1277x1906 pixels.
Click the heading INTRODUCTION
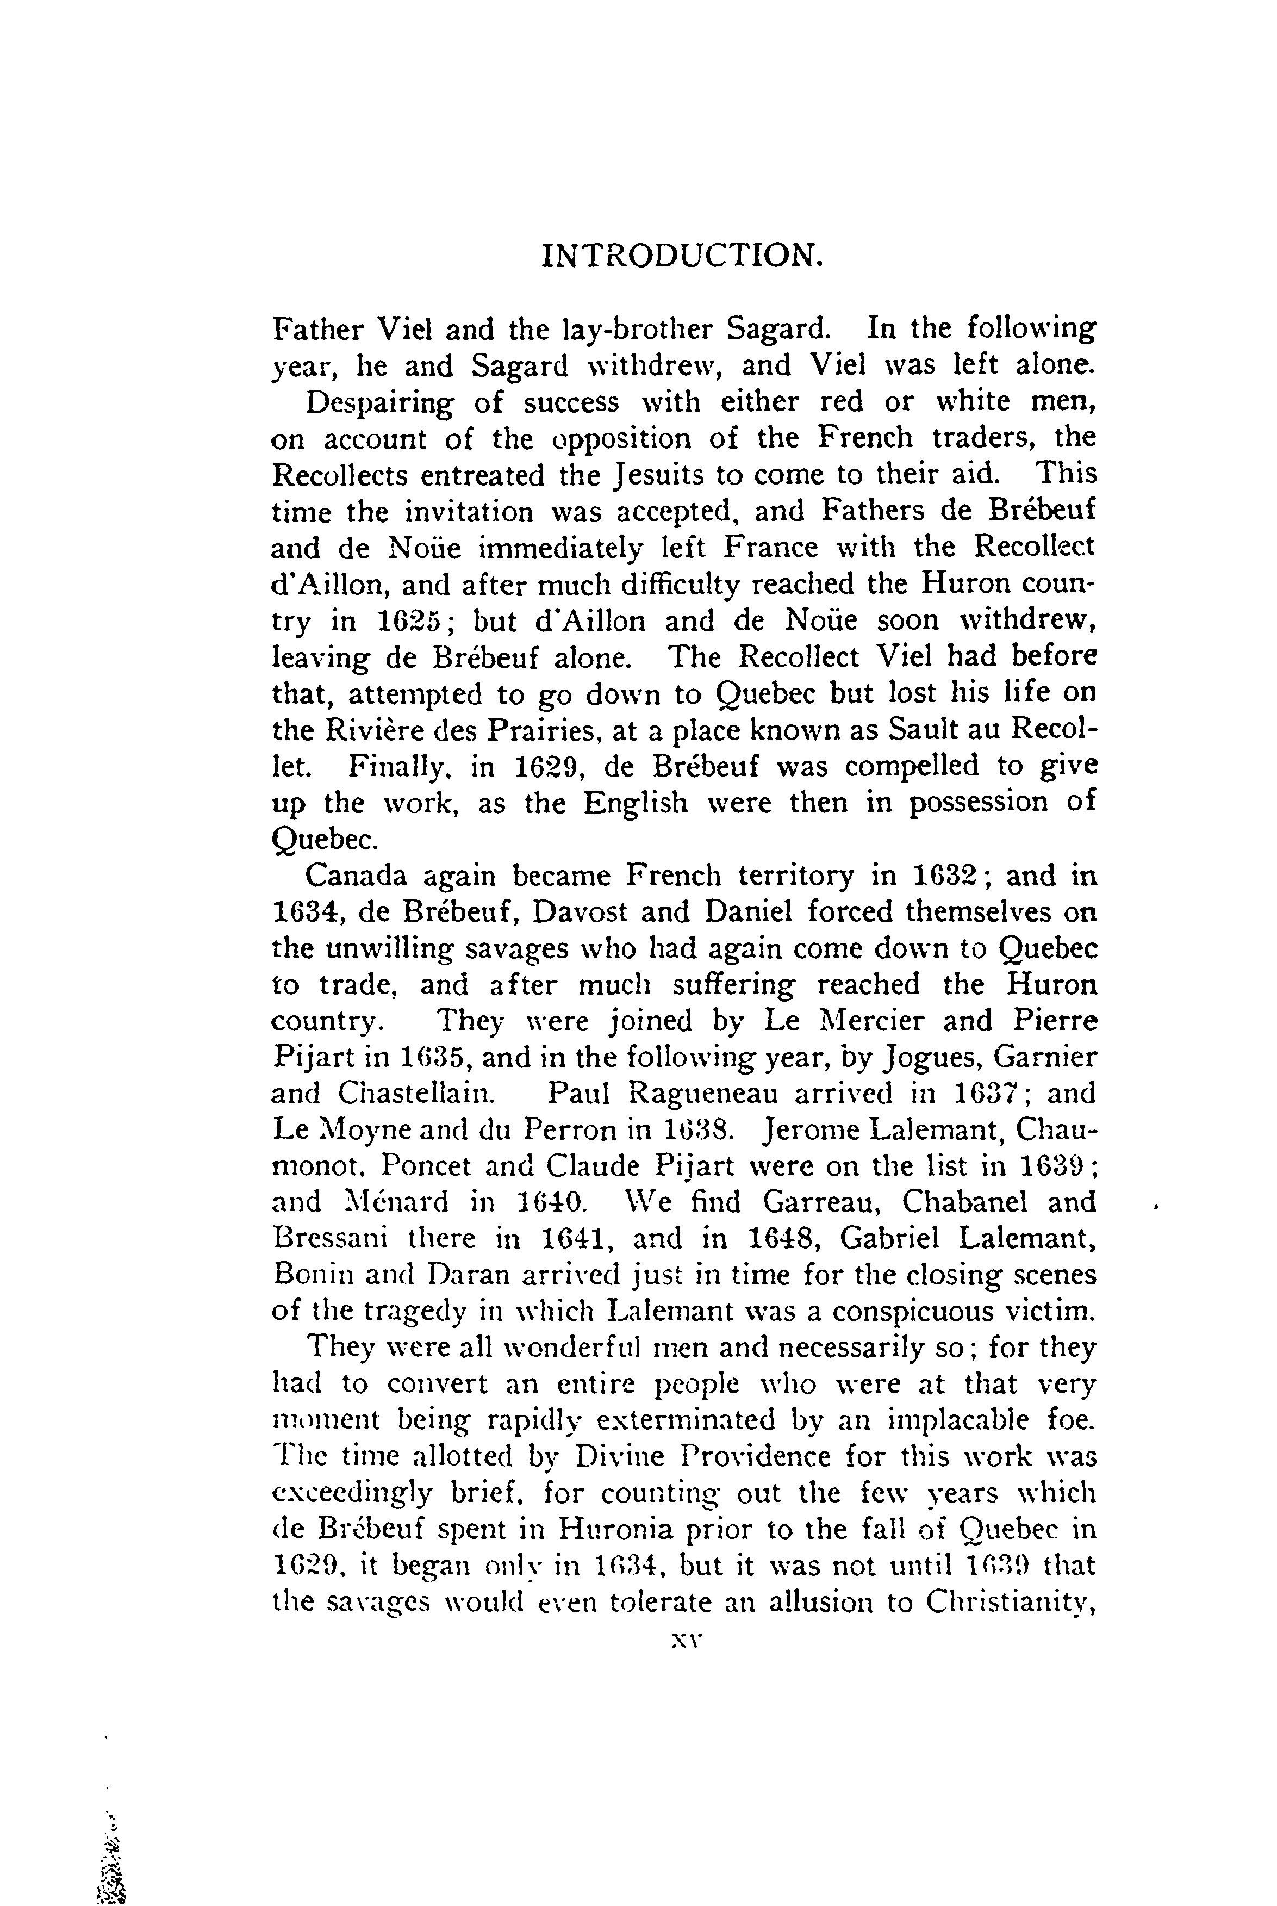pos(682,257)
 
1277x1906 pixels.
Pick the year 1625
pos(410,622)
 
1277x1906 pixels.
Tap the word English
pos(636,803)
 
